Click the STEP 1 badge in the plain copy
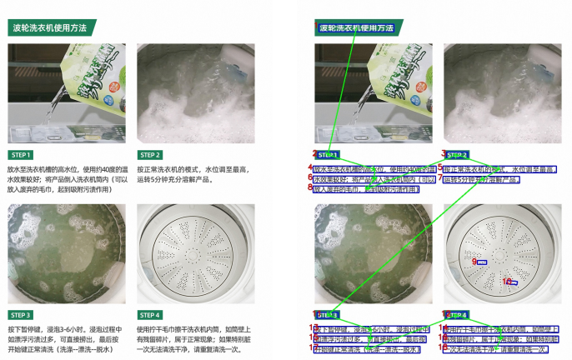point(22,155)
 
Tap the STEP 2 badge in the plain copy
point(151,155)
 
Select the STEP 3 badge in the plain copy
point(22,316)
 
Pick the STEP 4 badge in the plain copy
point(151,316)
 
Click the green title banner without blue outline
point(50,28)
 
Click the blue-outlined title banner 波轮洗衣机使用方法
point(355,28)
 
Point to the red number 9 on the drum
point(474,262)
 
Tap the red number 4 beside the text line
point(310,167)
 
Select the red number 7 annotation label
point(439,178)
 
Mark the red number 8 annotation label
point(310,187)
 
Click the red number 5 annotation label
point(439,167)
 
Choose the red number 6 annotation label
point(310,177)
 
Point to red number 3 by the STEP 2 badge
point(444,152)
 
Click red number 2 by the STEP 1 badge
point(314,153)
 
